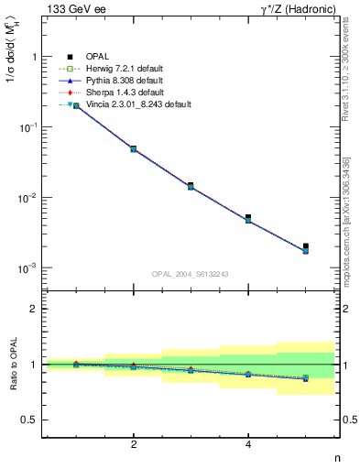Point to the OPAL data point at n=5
pyautogui.click(x=306, y=245)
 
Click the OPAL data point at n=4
pyautogui.click(x=248, y=217)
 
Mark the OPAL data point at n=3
pyautogui.click(x=191, y=185)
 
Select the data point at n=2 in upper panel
pyautogui.click(x=134, y=148)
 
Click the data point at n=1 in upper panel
pyautogui.click(x=76, y=106)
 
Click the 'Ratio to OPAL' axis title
pyautogui.click(x=13, y=365)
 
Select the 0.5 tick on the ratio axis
pyautogui.click(x=31, y=420)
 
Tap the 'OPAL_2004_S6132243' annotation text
pyautogui.click(x=191, y=273)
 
